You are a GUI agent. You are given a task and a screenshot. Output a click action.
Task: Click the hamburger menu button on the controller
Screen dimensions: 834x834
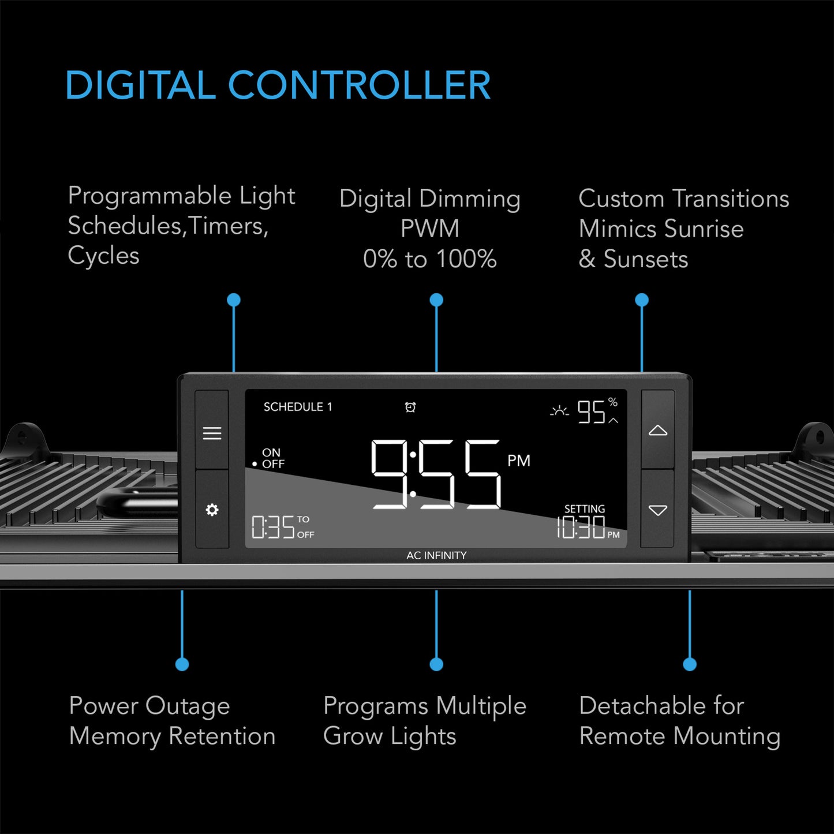pos(212,433)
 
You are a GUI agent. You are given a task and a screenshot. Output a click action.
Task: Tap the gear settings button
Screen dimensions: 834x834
pos(212,510)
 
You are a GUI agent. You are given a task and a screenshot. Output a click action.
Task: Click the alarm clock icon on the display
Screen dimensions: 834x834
pos(410,407)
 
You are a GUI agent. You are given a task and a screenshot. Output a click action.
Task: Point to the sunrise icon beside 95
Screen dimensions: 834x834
pos(559,412)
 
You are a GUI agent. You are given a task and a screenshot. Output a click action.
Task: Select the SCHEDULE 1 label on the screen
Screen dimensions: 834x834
pos(298,407)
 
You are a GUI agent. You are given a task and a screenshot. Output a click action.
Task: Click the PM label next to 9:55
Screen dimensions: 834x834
pos(518,461)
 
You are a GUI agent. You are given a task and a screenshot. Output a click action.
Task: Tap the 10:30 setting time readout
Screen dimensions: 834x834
pos(581,528)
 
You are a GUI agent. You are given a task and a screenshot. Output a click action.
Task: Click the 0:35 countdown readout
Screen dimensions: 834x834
pos(274,528)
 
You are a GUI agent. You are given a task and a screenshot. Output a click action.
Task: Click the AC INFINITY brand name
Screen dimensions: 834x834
pos(436,555)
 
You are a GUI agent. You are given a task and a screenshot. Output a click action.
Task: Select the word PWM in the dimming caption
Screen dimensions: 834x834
pos(430,229)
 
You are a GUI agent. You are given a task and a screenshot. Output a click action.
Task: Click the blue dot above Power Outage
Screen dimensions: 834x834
pos(182,664)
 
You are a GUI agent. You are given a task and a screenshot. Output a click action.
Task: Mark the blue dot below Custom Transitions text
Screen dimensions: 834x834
pos(642,300)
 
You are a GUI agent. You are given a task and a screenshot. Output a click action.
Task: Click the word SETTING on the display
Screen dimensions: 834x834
pos(585,508)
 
